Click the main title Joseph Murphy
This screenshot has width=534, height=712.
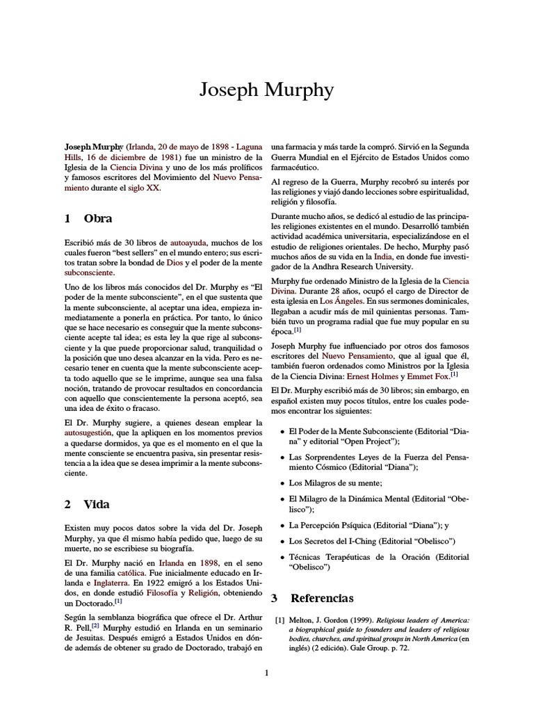[266, 90]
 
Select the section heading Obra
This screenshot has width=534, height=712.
[97, 218]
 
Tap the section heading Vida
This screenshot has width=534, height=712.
[97, 504]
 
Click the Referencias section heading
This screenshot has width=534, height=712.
[321, 597]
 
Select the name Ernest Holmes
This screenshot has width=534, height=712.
[381, 375]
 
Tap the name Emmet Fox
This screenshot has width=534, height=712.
[431, 375]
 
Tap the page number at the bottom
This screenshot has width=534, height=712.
[266, 672]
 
